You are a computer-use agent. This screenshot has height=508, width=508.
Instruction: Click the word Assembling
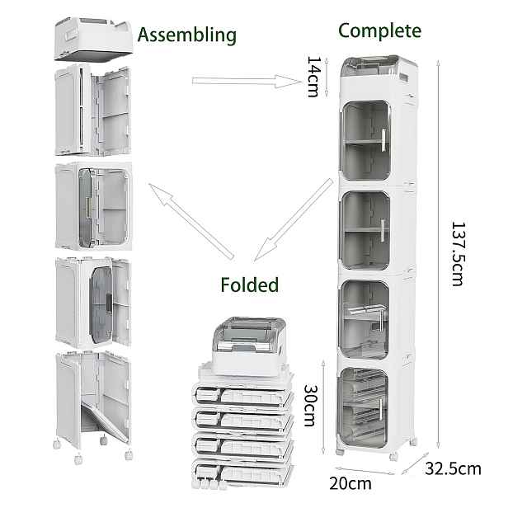(x=187, y=35)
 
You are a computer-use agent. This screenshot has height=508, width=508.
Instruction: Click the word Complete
(x=379, y=31)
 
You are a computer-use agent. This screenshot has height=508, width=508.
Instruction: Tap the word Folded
(x=249, y=285)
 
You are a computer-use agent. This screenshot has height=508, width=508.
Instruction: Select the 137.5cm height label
(x=459, y=254)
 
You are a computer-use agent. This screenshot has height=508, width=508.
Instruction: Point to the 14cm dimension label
(x=313, y=77)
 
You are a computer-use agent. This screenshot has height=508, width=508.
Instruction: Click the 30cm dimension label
(x=310, y=405)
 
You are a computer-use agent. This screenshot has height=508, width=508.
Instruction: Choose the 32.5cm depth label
(x=453, y=468)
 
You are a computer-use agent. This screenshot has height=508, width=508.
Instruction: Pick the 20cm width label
(x=350, y=484)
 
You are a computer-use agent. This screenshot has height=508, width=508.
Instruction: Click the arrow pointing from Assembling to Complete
(x=247, y=81)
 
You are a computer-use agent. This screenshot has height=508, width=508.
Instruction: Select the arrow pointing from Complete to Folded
(x=294, y=220)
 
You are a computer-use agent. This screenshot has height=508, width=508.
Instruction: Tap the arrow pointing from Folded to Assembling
(x=191, y=221)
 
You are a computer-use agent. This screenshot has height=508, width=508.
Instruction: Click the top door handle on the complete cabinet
(x=383, y=140)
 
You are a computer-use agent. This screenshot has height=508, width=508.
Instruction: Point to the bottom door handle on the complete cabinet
(x=381, y=410)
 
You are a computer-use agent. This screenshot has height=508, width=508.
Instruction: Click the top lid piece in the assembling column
(x=93, y=39)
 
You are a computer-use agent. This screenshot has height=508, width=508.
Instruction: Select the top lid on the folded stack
(x=249, y=346)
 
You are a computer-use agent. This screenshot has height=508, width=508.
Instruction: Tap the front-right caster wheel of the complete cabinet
(x=393, y=456)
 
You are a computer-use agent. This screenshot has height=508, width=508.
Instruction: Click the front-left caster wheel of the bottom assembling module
(x=78, y=459)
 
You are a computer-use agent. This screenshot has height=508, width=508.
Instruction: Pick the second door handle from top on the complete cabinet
(x=383, y=230)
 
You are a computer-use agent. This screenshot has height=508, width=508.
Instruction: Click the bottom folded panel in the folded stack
(x=242, y=473)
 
